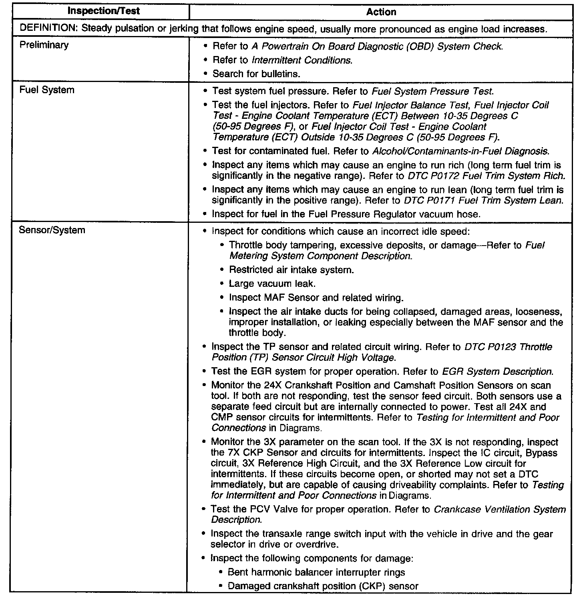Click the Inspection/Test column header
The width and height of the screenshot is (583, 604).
pyautogui.click(x=103, y=11)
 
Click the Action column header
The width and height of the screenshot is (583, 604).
pyautogui.click(x=381, y=12)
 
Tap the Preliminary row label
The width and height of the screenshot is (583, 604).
pyautogui.click(x=44, y=45)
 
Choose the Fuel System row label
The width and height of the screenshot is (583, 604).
pyautogui.click(x=47, y=90)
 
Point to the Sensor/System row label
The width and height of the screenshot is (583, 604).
pyautogui.click(x=52, y=230)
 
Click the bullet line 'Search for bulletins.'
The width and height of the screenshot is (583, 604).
pyautogui.click(x=256, y=74)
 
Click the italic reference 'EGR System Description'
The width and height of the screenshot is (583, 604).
pyautogui.click(x=497, y=372)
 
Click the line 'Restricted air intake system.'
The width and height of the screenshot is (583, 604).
pyautogui.click(x=291, y=270)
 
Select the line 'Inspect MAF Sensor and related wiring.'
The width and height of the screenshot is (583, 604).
pyautogui.click(x=316, y=298)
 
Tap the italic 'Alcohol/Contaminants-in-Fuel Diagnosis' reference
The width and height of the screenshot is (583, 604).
pyautogui.click(x=460, y=152)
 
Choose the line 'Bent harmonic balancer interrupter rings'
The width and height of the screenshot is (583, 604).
pyautogui.click(x=316, y=572)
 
